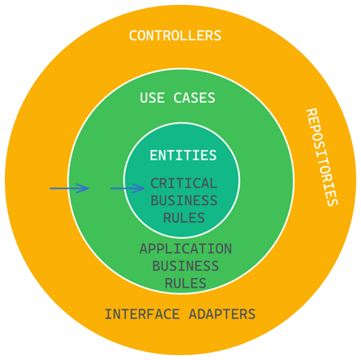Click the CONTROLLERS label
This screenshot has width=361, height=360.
pyautogui.click(x=175, y=35)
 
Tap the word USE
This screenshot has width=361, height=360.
pyautogui.click(x=152, y=98)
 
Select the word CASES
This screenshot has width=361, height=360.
pyautogui.click(x=194, y=98)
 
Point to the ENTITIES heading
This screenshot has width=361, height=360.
pyautogui.click(x=183, y=156)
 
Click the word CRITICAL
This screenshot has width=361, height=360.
pyautogui.click(x=184, y=184)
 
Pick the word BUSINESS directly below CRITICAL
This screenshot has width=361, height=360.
pyautogui.click(x=184, y=200)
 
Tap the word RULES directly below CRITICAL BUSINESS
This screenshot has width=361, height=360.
pyautogui.click(x=184, y=217)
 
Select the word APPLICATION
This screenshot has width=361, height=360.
pyautogui.click(x=185, y=249)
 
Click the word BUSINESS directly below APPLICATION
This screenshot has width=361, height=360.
pyautogui.click(x=185, y=266)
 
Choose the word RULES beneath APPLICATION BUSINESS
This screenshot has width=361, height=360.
pyautogui.click(x=185, y=283)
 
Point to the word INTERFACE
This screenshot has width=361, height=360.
pyautogui.click(x=142, y=314)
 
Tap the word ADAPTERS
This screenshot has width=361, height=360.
pyautogui.click(x=222, y=314)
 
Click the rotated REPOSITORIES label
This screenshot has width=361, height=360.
pyautogui.click(x=322, y=157)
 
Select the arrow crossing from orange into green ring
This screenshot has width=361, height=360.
pyautogui.click(x=69, y=188)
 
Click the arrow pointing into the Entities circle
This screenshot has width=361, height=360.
pyautogui.click(x=128, y=188)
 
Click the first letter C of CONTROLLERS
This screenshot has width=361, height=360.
pyautogui.click(x=133, y=35)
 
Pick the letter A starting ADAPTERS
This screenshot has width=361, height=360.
pyautogui.click(x=193, y=314)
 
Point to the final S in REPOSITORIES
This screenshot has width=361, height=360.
pyautogui.click(x=333, y=202)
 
